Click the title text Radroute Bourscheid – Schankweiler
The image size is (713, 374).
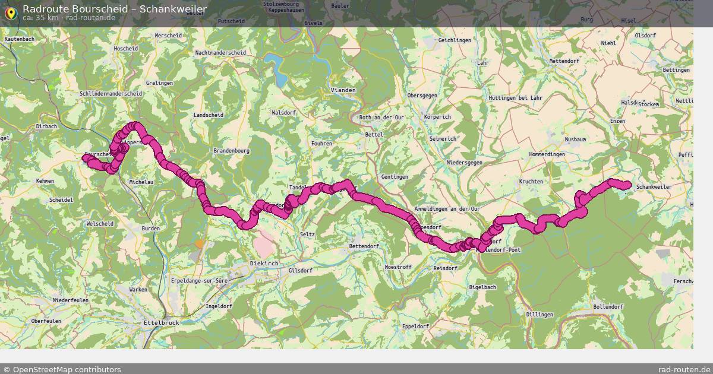115,9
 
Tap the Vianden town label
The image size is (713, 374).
343,90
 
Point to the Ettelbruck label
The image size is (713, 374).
161,322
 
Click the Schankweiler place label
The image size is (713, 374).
654,187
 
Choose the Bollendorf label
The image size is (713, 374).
608,307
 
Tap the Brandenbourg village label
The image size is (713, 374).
231,151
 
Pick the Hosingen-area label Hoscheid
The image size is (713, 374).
125,49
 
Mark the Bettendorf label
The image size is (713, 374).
364,246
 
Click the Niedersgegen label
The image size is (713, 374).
464,163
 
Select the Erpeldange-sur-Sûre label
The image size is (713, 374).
200,280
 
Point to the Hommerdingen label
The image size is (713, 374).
547,154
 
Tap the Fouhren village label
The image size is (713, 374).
321,144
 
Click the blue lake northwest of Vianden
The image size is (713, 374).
276,62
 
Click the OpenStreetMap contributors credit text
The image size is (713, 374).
67,369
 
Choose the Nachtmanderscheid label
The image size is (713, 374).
220,53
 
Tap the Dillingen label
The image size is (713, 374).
540,315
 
